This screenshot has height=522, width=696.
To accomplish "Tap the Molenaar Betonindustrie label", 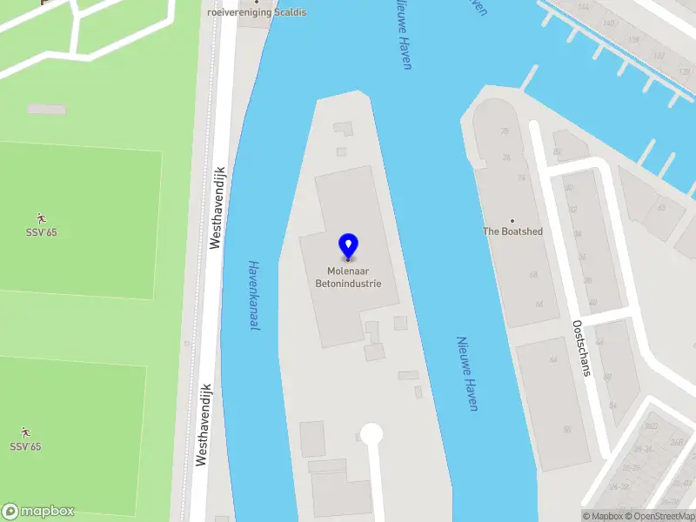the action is tap(348, 278).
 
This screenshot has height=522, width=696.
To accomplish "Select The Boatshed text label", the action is tap(513, 231).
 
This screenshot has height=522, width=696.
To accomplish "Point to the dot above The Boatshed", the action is tap(512, 220).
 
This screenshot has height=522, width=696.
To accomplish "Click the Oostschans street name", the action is tap(581, 347).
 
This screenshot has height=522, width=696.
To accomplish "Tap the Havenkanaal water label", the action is tap(254, 296).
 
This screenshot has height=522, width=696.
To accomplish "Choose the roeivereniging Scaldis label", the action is tap(257, 13).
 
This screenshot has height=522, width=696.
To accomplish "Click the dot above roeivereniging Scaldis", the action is tap(257, 2).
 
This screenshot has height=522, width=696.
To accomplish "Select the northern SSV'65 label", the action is tap(40, 232).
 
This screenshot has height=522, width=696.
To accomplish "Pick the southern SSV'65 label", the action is tap(25, 446).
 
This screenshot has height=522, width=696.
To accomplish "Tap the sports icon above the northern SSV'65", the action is tap(40, 217).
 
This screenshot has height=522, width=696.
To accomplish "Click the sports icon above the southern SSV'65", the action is tap(25, 432).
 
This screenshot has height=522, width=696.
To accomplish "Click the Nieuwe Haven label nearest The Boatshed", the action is tap(468, 374).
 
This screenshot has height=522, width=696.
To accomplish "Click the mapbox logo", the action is tap(38, 512).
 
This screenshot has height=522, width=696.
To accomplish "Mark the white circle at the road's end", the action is tap(371, 433).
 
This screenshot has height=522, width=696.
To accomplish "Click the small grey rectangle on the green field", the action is tap(46, 109).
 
